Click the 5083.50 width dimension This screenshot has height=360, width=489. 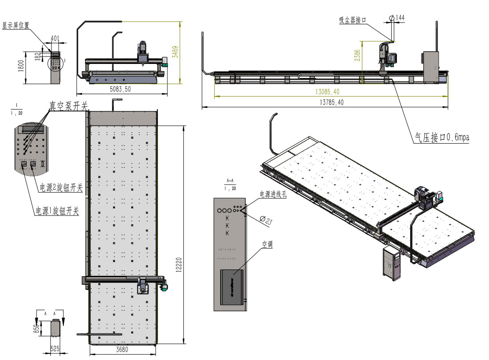tap(121, 89)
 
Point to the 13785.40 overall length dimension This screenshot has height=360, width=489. tap(329, 102)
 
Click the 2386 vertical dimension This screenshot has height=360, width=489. tap(357, 56)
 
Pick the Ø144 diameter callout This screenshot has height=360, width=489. tap(397, 18)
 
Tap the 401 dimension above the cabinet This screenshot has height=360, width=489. tap(55, 38)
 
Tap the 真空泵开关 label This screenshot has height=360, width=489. tap(69, 106)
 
